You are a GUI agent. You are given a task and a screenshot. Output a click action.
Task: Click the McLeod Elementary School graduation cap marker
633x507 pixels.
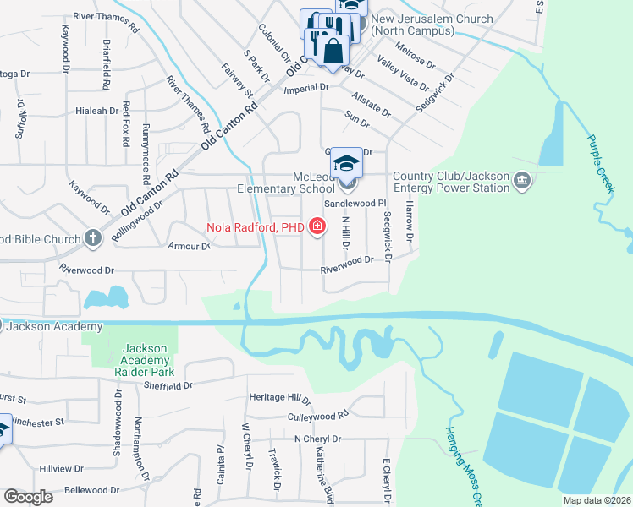coord(345,161)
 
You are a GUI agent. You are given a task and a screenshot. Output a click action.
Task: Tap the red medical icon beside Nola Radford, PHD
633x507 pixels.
coord(316,226)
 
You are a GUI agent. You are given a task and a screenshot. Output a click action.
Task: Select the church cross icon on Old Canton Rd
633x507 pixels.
coord(93,238)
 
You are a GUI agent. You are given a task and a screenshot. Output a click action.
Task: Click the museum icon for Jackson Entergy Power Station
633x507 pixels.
coord(521,181)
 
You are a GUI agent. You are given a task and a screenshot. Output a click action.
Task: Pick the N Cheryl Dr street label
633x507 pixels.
coord(317,439)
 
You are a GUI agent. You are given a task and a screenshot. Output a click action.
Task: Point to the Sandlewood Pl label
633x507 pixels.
coord(355,204)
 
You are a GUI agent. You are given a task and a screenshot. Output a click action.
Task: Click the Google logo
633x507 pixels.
coord(28,497)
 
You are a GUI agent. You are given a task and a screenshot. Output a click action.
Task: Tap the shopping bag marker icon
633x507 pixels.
coord(333,49)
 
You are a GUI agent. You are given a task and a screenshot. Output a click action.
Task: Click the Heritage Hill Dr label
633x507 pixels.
coord(280,398)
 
